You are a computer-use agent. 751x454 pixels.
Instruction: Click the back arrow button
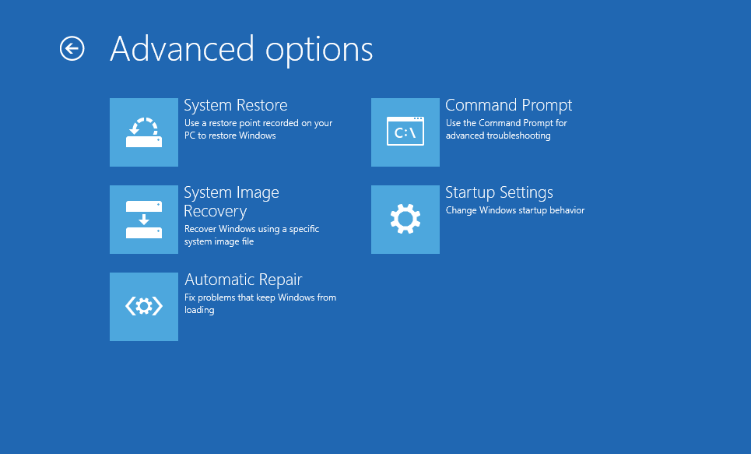(72, 49)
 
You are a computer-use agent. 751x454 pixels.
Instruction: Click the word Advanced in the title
(182, 49)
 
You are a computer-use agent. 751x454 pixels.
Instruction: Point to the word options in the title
(319, 51)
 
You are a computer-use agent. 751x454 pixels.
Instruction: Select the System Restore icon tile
(144, 132)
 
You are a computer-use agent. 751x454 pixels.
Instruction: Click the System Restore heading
(236, 105)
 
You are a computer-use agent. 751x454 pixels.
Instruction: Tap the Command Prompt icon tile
(405, 132)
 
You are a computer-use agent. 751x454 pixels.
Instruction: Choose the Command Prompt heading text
(509, 105)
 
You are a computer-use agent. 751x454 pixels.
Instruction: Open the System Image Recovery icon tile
(144, 220)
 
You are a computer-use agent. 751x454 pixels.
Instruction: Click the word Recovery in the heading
(216, 211)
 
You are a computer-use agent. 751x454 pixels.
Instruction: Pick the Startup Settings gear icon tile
(405, 220)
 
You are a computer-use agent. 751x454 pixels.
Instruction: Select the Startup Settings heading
(499, 192)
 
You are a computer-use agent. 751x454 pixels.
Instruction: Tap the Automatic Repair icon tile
(144, 307)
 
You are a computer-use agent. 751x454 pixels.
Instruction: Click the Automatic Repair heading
(244, 280)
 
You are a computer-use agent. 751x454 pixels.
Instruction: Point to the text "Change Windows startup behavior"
(515, 210)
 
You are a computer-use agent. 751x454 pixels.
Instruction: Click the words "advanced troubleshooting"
(498, 135)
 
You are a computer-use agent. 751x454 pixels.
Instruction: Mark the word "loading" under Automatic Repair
(199, 310)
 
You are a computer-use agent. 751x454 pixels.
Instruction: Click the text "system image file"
(219, 241)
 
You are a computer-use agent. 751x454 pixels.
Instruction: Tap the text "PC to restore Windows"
(230, 135)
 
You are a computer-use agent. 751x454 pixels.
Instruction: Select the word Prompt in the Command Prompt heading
(547, 106)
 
